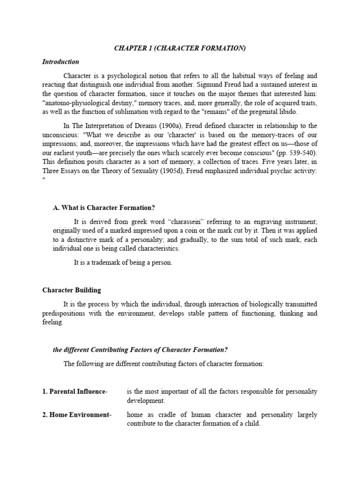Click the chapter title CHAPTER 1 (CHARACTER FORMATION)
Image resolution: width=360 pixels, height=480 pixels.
click(x=180, y=49)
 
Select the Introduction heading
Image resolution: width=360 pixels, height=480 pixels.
click(x=60, y=62)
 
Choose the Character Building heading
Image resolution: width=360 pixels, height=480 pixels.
click(x=71, y=291)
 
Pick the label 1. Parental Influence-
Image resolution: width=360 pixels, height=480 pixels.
click(x=75, y=392)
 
